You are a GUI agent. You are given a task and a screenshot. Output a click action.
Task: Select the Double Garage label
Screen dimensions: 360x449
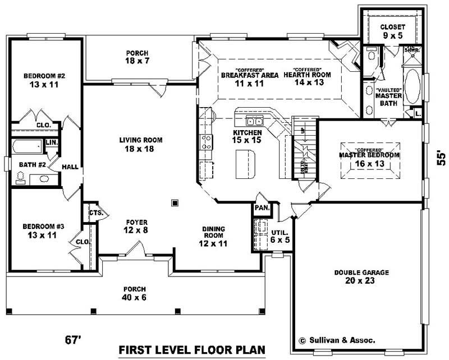361,276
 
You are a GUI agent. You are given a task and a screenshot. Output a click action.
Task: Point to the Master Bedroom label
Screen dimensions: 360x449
369,159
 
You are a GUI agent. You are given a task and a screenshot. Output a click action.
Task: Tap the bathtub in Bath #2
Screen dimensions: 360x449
26,149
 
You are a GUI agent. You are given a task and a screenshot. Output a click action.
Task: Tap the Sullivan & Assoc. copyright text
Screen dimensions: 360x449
337,340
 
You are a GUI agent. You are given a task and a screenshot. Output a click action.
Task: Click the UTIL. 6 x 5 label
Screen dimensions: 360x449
280,236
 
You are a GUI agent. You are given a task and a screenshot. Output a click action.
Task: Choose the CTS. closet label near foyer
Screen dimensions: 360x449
94,213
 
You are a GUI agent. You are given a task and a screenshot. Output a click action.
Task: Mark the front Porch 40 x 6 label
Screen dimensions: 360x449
135,293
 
